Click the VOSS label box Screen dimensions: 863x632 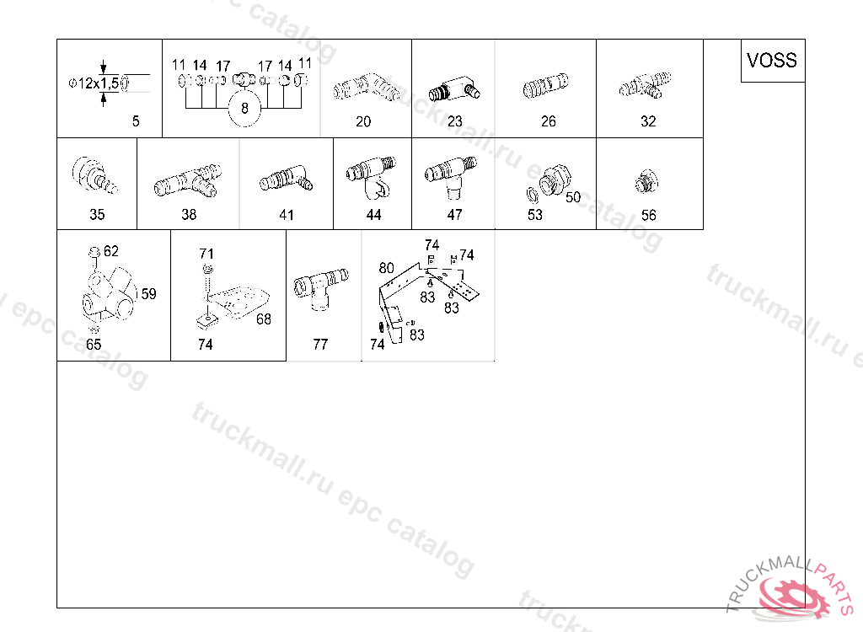coord(773,61)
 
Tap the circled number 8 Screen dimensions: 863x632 coord(244,109)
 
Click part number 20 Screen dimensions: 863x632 coord(363,121)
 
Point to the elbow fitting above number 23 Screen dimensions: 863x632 coord(454,89)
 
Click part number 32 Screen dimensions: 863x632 coord(648,121)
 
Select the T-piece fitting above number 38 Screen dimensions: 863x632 coord(188,180)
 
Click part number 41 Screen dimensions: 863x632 coord(287,215)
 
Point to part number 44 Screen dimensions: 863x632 coord(373,215)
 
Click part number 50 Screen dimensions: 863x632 coord(573,197)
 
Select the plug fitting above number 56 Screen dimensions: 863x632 coord(646,182)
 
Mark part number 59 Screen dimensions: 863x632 coord(148,293)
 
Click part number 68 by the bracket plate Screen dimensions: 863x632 coord(264,319)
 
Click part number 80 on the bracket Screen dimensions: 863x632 coord(386,268)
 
